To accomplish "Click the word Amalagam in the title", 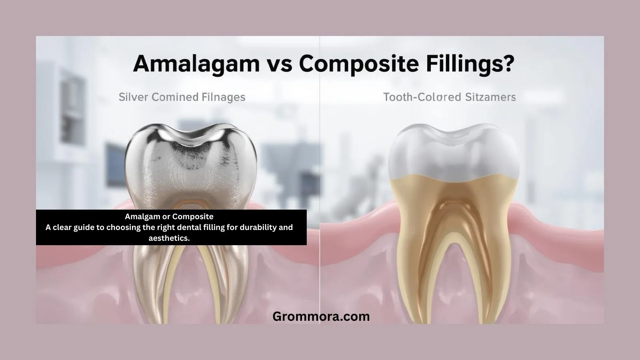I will click(196, 64).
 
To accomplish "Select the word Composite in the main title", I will click(362, 64).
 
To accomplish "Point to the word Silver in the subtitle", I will click(132, 97).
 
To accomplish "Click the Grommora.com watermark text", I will click(321, 316).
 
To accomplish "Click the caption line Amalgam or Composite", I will click(169, 216).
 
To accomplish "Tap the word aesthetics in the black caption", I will click(169, 238).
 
